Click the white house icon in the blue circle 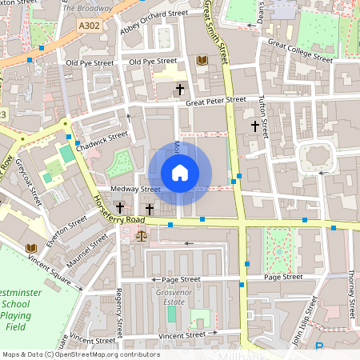click(x=180, y=173)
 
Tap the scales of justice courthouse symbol click(x=142, y=235)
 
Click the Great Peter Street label click(x=215, y=101)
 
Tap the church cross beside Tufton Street click(x=255, y=126)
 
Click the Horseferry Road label click(x=118, y=209)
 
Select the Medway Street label click(x=136, y=189)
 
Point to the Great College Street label click(x=300, y=50)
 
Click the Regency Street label click(x=118, y=312)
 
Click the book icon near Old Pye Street click(x=201, y=60)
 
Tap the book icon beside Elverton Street click(x=30, y=248)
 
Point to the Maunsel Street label click(x=88, y=250)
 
